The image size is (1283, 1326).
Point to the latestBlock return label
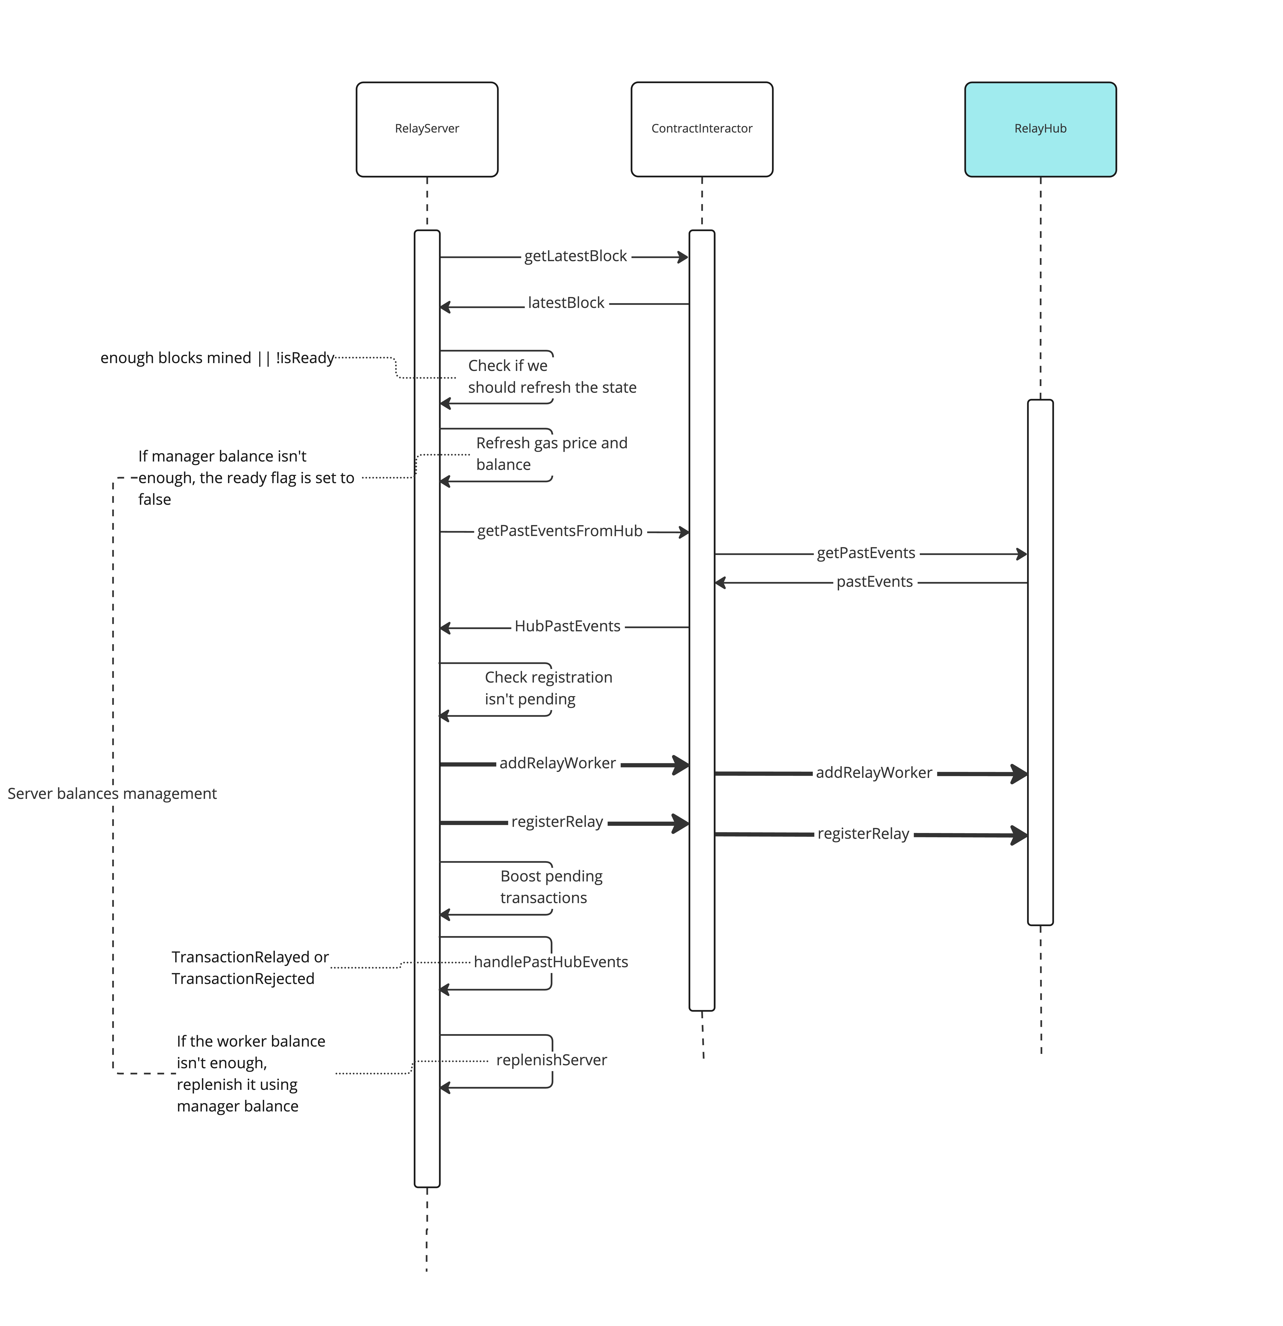(566, 303)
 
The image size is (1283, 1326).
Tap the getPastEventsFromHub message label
(559, 531)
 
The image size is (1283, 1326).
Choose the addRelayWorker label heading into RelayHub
(874, 773)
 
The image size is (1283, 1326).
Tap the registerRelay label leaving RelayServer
(557, 822)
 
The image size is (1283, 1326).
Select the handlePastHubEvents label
(550, 962)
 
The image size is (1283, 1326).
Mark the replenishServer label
(551, 1060)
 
